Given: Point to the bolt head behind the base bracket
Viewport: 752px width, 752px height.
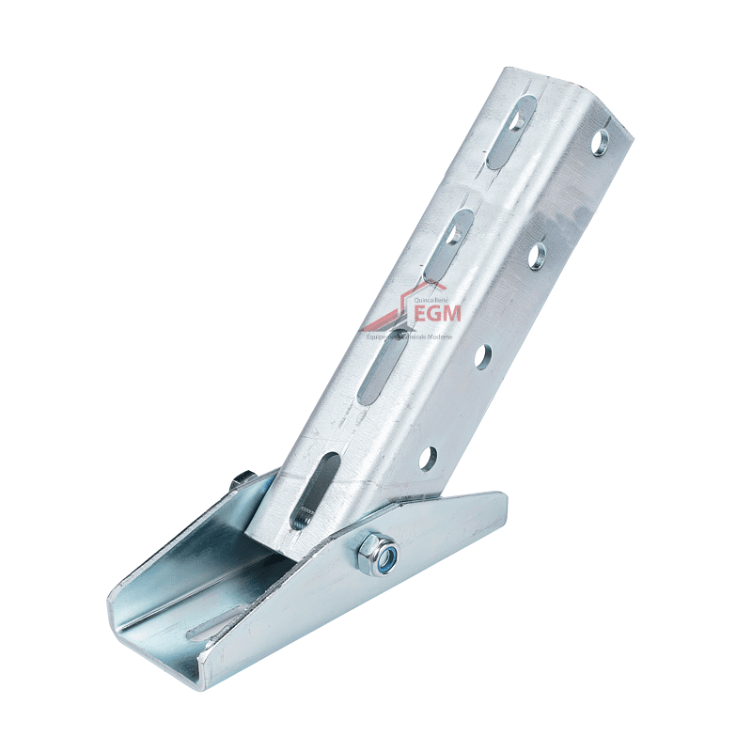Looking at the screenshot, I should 243,480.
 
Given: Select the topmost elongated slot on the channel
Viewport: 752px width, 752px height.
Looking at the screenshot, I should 511,131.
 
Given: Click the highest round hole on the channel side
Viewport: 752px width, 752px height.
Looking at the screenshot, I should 600,140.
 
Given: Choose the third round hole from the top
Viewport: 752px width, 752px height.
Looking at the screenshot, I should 482,355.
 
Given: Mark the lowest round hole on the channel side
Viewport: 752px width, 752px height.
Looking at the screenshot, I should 428,458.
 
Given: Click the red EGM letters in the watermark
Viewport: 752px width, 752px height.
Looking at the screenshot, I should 431,311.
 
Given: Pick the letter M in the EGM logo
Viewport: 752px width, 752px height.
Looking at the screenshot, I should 450,311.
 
